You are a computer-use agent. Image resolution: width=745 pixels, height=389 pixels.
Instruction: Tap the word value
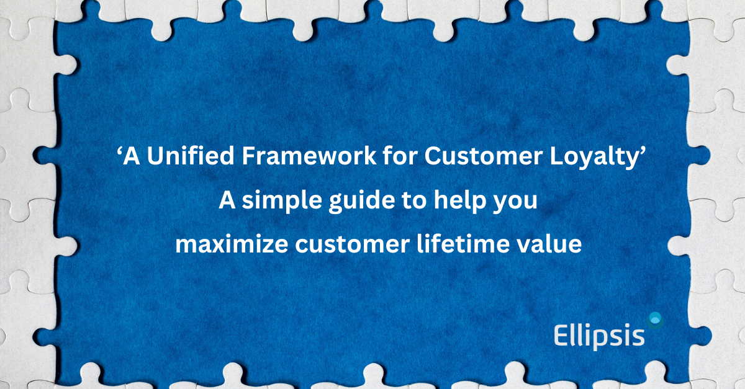pyautogui.click(x=553, y=244)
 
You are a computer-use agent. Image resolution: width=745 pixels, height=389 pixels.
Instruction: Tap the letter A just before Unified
pyautogui.click(x=132, y=158)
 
